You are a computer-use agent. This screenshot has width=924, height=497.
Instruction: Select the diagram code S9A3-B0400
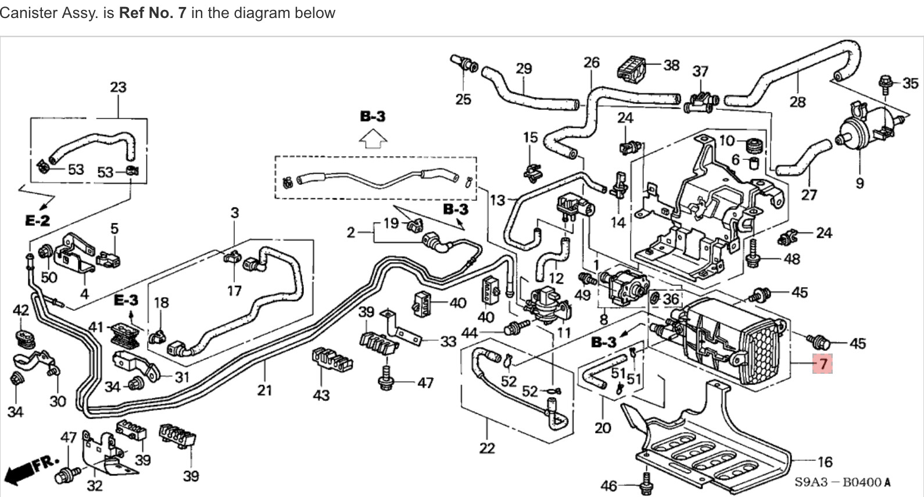tap(842, 482)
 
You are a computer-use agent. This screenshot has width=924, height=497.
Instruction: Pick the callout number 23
tap(118, 87)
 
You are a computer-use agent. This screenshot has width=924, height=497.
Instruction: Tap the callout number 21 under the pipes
tap(264, 389)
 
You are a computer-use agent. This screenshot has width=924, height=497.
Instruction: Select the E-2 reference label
tap(38, 220)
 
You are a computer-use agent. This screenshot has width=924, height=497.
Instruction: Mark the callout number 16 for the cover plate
tap(825, 462)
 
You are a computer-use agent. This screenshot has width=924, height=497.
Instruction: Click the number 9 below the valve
tap(859, 183)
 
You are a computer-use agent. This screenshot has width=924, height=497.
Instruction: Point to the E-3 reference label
tap(126, 300)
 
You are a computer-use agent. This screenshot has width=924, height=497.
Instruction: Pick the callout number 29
tap(524, 69)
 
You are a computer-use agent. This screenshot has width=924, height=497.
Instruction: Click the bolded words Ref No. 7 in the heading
tap(152, 13)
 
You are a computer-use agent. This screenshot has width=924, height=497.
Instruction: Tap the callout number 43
tap(321, 395)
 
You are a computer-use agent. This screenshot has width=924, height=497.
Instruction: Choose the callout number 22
tap(487, 448)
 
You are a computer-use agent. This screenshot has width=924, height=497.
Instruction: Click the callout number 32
tap(94, 485)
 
